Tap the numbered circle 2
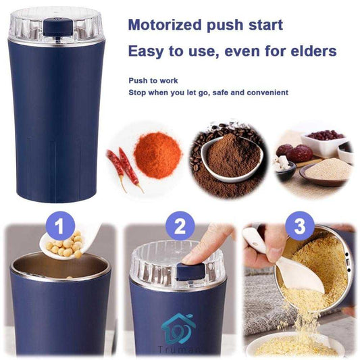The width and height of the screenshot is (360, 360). pos(180,225)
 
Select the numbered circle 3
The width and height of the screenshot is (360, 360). pos(300,226)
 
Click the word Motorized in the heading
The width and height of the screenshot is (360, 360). pos(167,26)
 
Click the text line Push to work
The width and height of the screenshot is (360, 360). pos(153,80)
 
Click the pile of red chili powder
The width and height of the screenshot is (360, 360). pos(157,153)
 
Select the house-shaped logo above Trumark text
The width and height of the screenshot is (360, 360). pos(176,328)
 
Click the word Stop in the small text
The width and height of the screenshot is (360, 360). pos(137,92)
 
